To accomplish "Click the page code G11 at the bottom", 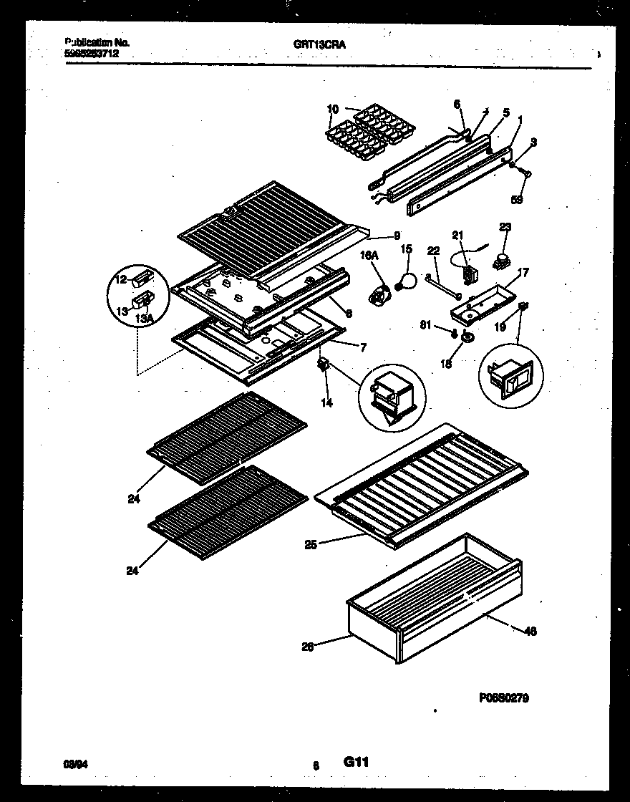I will tap(355, 763).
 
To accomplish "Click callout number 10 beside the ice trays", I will tap(332, 109).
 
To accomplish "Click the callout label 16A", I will tap(368, 255).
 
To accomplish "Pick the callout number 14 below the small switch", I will tap(326, 403).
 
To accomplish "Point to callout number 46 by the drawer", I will tap(530, 631).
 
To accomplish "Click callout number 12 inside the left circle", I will tap(120, 279).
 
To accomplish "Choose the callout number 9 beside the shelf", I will tap(396, 235).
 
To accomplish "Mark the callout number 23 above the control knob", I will tap(506, 228).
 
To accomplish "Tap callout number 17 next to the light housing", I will tap(523, 271).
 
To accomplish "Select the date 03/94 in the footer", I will tap(74, 765).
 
